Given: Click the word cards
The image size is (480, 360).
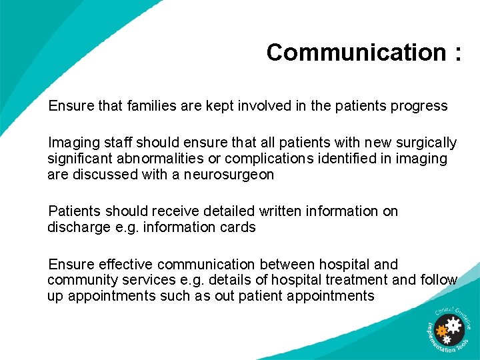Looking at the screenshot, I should [x=239, y=227].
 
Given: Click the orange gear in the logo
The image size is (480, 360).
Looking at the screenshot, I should [x=441, y=330].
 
